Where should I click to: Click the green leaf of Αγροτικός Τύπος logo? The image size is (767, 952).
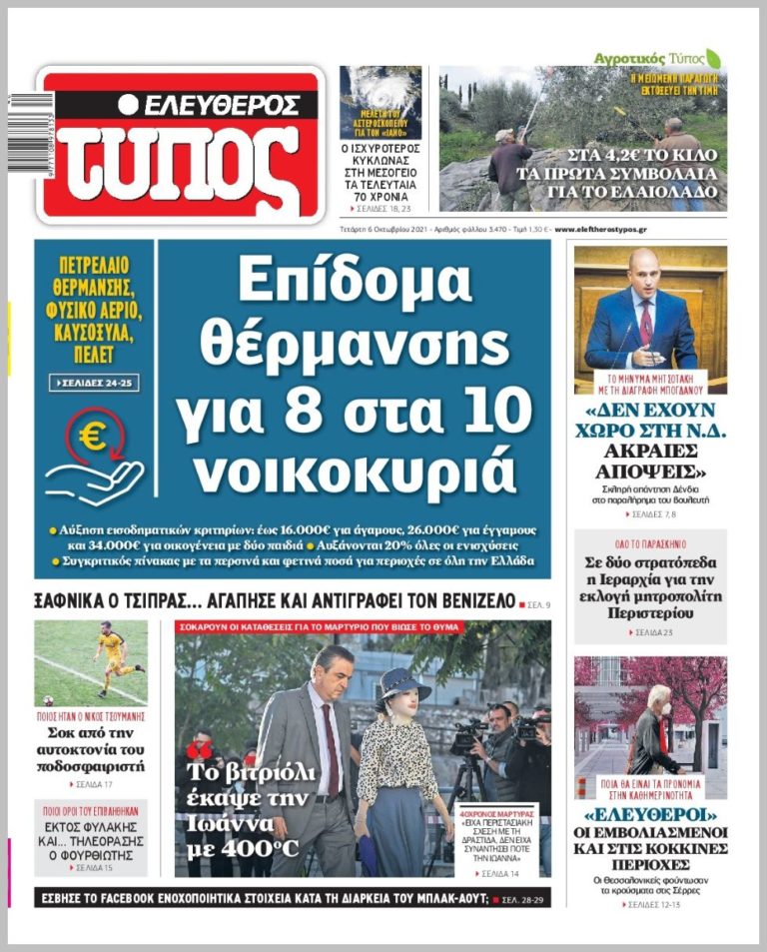(712, 58)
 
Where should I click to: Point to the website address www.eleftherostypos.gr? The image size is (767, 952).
(600, 229)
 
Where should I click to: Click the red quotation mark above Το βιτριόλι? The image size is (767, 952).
(200, 749)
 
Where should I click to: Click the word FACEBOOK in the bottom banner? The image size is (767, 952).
(145, 898)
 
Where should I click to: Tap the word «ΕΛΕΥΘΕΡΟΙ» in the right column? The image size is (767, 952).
(649, 810)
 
